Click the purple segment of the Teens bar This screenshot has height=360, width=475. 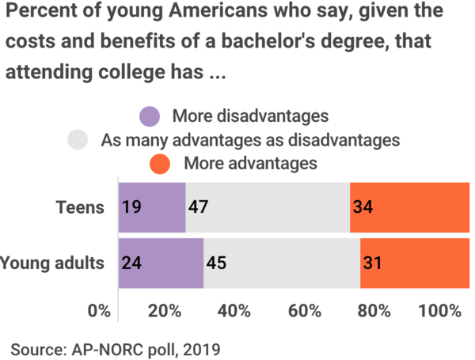[152, 208]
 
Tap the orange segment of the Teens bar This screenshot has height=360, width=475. [408, 208]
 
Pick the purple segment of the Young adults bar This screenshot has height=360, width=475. [161, 263]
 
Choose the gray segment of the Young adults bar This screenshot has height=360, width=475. [281, 263]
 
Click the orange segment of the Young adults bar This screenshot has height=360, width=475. [414, 263]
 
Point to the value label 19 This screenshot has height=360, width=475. [131, 208]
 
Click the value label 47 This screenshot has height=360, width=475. [197, 208]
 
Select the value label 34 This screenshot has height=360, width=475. [363, 208]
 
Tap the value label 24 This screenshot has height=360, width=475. [132, 263]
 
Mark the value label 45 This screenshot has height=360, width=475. [215, 263]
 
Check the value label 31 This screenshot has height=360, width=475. [372, 263]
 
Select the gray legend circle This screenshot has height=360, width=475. [78, 140]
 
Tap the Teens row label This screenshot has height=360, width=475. [80, 208]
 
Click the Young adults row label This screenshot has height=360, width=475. [52, 263]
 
